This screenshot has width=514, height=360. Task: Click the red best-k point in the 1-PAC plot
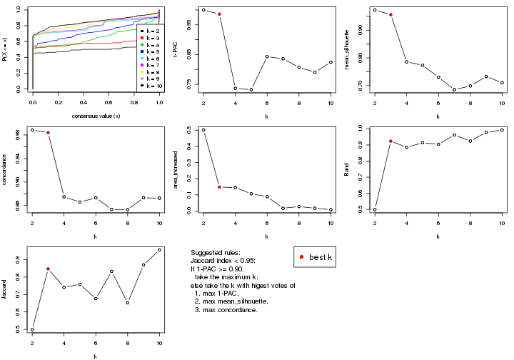[x=219, y=14]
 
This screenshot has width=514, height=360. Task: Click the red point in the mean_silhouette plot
[x=390, y=15]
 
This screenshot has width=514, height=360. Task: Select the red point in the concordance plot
[x=48, y=133]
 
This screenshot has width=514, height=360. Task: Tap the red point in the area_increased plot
[x=219, y=187]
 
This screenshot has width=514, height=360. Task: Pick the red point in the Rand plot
[x=390, y=141]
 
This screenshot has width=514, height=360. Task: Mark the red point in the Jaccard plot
[x=48, y=269]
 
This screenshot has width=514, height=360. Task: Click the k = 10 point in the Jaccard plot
[x=159, y=250]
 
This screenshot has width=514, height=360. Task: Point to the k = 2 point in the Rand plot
[x=375, y=210]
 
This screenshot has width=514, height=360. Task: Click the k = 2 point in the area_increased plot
[x=203, y=130]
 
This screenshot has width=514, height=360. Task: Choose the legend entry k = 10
[x=151, y=85]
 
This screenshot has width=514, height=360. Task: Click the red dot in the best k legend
[x=302, y=256]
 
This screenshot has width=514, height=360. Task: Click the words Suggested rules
[x=215, y=254]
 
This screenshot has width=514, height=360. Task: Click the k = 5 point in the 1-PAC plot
[x=251, y=89]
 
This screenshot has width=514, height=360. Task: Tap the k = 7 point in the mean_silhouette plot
[x=455, y=90]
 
